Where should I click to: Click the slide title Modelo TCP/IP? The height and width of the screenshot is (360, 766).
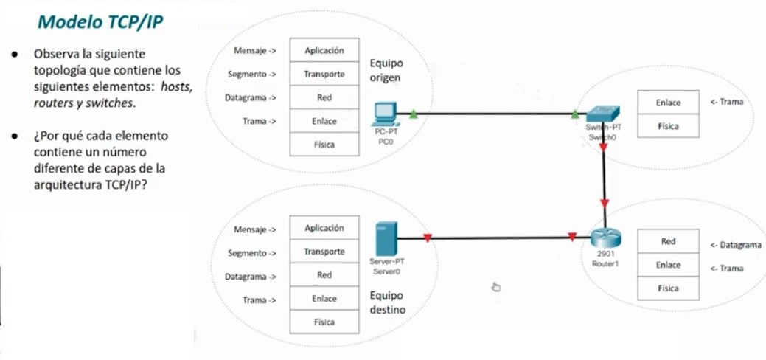pos(100,22)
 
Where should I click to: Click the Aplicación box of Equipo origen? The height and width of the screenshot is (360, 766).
pos(324,51)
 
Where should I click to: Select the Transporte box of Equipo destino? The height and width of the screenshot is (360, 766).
pos(324,252)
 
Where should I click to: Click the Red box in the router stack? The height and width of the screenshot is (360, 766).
pos(668,241)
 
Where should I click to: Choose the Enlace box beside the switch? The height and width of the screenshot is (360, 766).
pos(668,103)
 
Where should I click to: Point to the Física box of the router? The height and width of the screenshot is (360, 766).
pos(668,288)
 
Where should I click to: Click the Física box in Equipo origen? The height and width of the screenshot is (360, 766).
pos(324,145)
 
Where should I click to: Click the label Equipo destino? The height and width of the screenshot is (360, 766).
pos(387,302)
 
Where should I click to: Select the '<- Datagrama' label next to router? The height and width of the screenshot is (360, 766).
pos(735,245)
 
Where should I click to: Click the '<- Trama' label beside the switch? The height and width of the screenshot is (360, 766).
pos(726,102)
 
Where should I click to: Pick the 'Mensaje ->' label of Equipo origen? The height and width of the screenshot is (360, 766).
pos(254,51)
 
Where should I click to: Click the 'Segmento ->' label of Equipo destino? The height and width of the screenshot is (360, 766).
pos(251,253)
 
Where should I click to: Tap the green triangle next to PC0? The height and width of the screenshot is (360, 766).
pos(414,114)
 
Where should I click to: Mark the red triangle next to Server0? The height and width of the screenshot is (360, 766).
pos(427,238)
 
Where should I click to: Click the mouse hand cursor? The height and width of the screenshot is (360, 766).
pos(496,286)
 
